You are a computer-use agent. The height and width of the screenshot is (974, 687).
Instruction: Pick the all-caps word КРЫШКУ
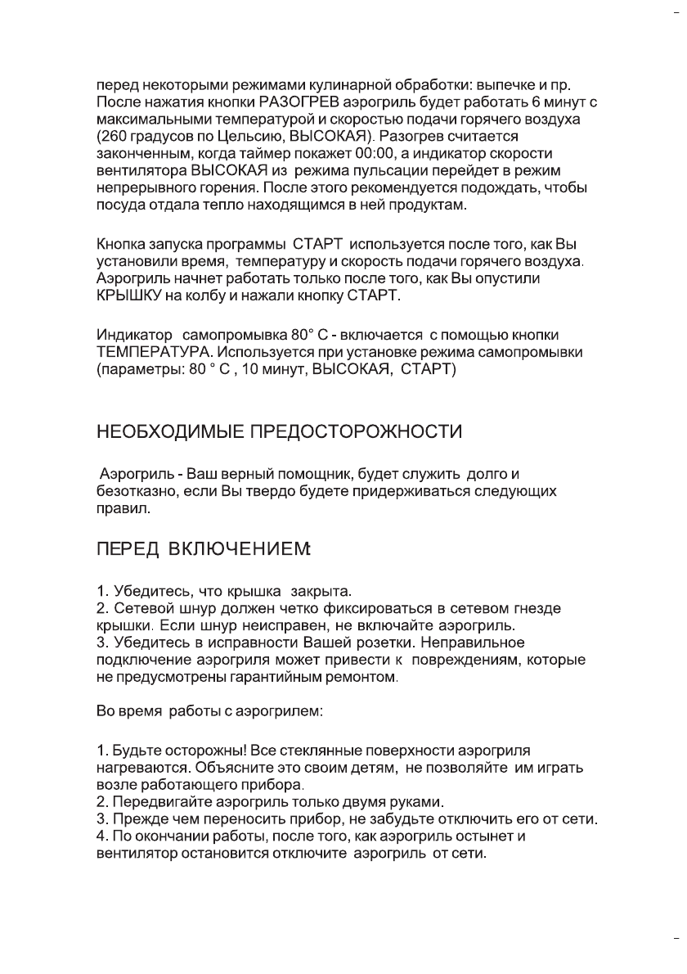click(127, 295)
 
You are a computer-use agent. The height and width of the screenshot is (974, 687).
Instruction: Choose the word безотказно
click(133, 491)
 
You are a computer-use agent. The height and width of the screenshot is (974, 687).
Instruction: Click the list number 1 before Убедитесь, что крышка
click(101, 590)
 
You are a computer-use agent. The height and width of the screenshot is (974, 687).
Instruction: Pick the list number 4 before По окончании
click(101, 836)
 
